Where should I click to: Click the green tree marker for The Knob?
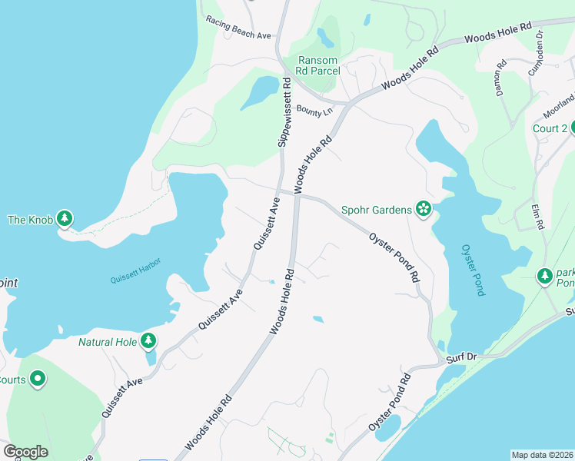click(x=66, y=220)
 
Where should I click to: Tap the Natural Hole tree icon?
click(x=148, y=341)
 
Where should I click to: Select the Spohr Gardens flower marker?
click(x=422, y=208)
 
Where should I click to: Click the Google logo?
click(x=25, y=452)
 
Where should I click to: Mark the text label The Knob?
click(x=31, y=221)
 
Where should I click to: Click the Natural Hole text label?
click(x=107, y=341)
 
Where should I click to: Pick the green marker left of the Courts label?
click(x=37, y=379)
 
